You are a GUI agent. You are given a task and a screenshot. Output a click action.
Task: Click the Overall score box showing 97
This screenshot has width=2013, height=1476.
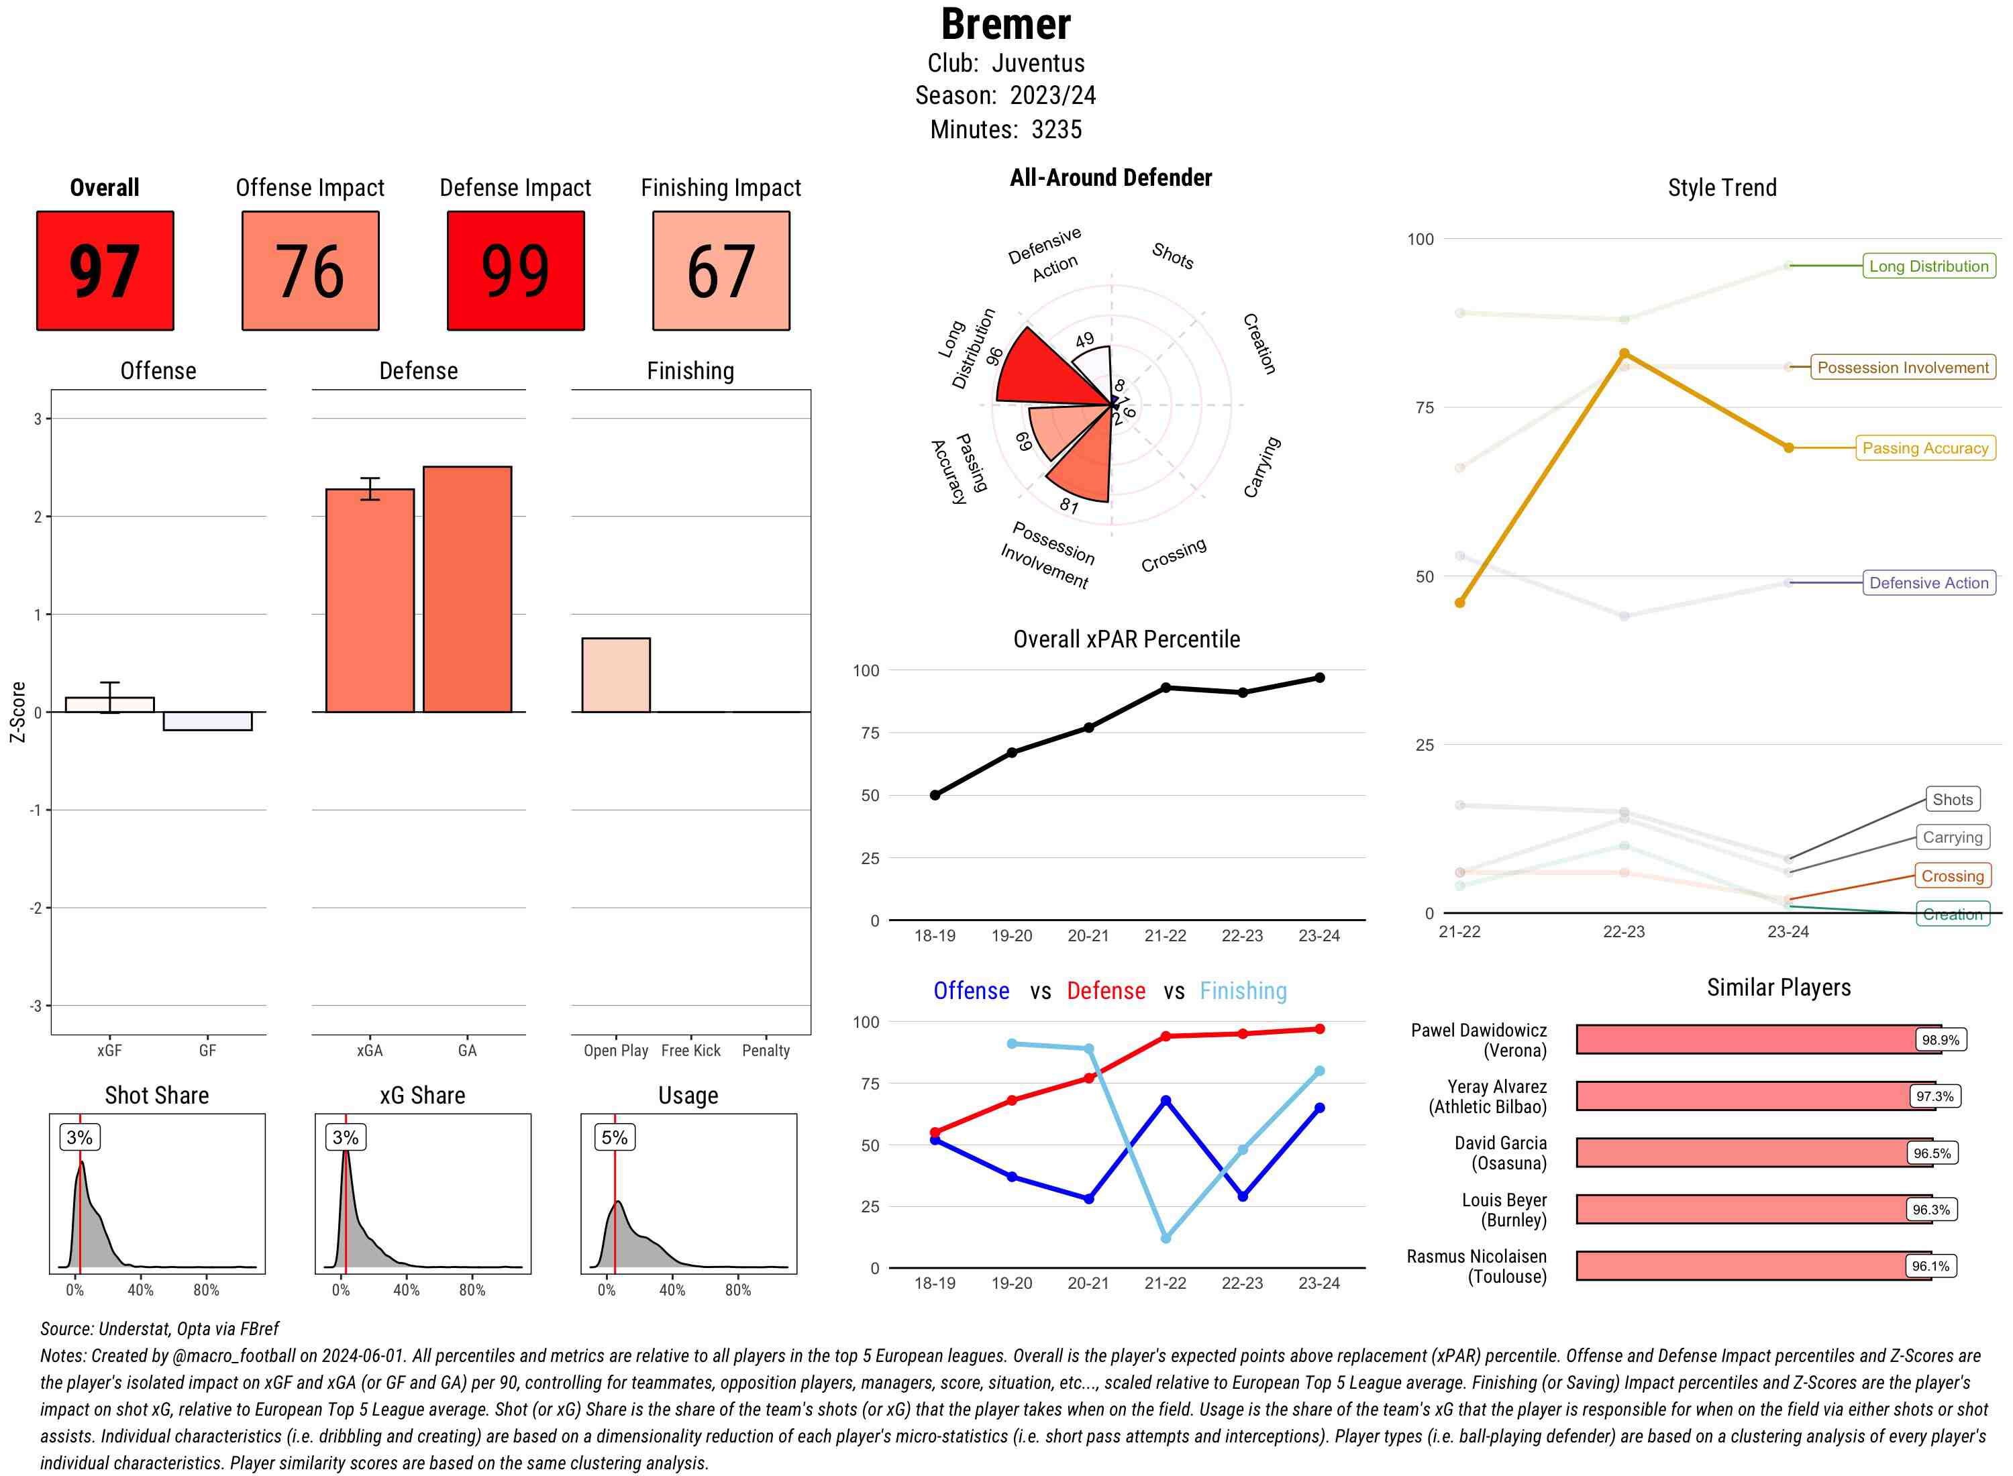point(105,271)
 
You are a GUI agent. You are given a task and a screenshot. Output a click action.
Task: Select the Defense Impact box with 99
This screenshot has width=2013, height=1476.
point(515,271)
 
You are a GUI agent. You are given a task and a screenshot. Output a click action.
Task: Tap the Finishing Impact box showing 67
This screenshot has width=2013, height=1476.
point(721,271)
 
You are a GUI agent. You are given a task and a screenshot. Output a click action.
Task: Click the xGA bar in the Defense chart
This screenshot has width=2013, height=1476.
point(370,600)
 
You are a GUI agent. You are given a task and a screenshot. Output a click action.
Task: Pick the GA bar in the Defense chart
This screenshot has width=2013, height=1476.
point(467,590)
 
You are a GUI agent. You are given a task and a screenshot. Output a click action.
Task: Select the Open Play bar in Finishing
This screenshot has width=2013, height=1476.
point(615,676)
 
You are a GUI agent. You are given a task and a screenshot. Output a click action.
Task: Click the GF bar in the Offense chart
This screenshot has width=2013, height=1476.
point(207,721)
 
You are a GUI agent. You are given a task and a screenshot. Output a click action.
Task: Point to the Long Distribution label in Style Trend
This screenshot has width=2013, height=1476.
point(1928,266)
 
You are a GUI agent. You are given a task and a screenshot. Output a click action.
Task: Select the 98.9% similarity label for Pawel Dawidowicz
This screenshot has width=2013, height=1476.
point(1940,1040)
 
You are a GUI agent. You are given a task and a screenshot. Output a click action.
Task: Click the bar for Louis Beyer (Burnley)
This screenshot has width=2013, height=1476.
point(1753,1210)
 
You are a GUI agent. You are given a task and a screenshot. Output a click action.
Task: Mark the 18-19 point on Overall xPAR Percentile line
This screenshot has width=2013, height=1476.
point(935,795)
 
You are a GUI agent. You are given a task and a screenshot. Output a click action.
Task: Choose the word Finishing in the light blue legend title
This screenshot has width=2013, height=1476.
point(1243,991)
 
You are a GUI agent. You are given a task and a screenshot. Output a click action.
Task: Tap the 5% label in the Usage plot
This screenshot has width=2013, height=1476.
point(615,1137)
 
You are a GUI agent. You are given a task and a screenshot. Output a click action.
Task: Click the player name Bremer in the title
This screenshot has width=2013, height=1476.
point(1005,25)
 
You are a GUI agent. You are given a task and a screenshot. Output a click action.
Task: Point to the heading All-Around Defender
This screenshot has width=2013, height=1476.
point(1111,178)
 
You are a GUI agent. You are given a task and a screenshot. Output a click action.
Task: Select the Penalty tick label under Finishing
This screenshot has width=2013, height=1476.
point(766,1051)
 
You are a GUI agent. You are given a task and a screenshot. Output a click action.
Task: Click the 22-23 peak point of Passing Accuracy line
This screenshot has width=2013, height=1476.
point(1624,354)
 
